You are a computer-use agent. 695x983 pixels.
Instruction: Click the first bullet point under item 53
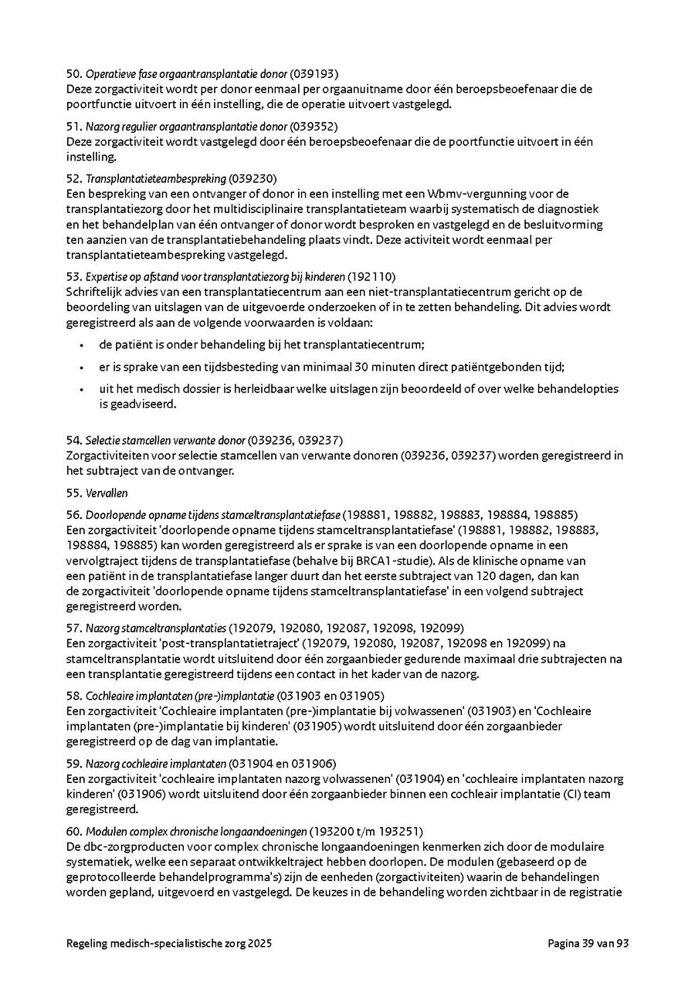click(x=81, y=344)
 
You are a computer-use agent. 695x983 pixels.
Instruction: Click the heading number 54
click(x=73, y=440)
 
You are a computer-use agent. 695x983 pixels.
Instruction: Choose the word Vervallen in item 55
click(x=107, y=493)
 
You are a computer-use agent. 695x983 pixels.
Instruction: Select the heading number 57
click(x=73, y=628)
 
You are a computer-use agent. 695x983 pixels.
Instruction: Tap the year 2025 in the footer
click(x=259, y=944)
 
